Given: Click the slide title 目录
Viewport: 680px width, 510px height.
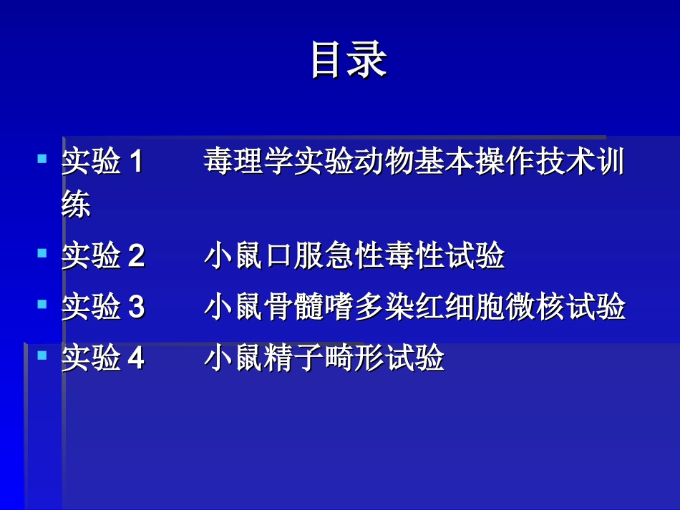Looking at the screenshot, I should point(349,60).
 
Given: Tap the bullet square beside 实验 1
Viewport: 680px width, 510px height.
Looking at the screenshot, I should point(42,157).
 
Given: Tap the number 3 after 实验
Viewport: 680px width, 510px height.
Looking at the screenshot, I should point(136,308).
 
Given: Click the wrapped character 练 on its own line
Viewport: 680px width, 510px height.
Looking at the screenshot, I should point(76,206).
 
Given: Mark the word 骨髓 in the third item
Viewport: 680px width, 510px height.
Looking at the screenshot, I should point(293,308).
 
